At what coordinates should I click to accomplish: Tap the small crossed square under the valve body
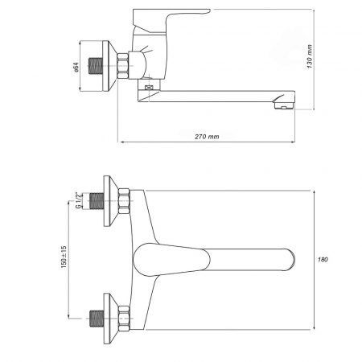click(148, 87)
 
